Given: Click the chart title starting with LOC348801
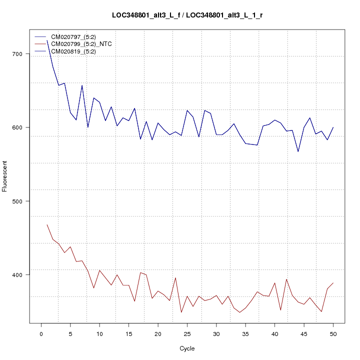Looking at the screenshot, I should pyautogui.click(x=187, y=15).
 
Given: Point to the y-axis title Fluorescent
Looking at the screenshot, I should pyautogui.click(x=5, y=176).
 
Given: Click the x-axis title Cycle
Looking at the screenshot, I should pyautogui.click(x=187, y=348).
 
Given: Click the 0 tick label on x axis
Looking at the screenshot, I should pyautogui.click(x=41, y=334).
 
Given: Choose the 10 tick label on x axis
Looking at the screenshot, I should pyautogui.click(x=99, y=334).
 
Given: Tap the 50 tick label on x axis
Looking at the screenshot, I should pyautogui.click(x=333, y=334).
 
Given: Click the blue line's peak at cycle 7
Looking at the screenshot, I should pyautogui.click(x=82, y=85).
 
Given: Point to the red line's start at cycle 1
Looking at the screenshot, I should pyautogui.click(x=47, y=224).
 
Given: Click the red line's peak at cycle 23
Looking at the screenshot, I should pyautogui.click(x=175, y=277).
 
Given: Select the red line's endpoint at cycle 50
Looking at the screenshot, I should pyautogui.click(x=333, y=283).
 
